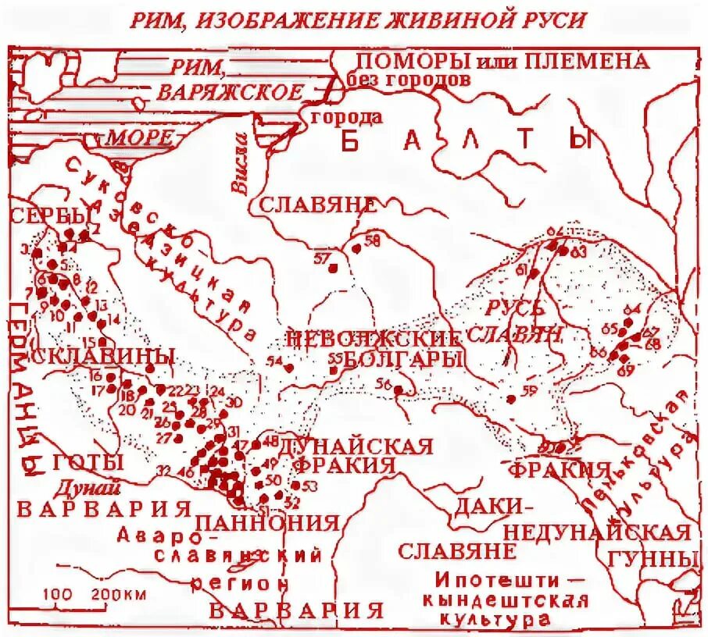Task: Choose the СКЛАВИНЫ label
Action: tap(103, 356)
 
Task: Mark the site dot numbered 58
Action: tap(356, 249)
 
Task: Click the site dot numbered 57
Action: tap(332, 269)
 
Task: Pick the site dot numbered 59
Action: tap(511, 399)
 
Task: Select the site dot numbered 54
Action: tap(289, 368)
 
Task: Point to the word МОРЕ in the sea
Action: tap(138, 138)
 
